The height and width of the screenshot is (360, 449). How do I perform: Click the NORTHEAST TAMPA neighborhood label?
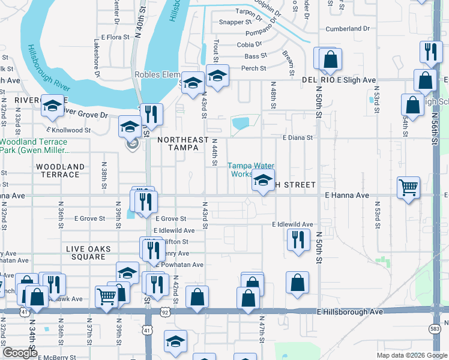click(182, 144)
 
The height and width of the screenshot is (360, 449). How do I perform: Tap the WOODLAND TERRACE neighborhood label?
click(60, 170)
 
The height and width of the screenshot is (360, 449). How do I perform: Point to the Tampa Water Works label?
click(250, 170)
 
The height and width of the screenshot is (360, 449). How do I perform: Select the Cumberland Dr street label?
click(348, 29)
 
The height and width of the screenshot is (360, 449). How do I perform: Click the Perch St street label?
click(253, 68)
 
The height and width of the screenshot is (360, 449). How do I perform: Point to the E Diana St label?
click(298, 137)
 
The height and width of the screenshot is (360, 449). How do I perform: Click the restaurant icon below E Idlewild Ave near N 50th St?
click(297, 239)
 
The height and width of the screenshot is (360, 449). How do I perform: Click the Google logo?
click(20, 353)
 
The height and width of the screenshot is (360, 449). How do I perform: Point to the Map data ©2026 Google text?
click(411, 355)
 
